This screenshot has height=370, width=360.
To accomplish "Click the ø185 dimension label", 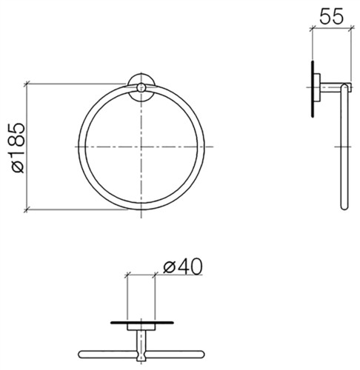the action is [x=19, y=148].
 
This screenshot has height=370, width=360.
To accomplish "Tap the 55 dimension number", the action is [x=331, y=17].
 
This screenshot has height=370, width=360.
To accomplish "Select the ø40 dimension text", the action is [x=183, y=266].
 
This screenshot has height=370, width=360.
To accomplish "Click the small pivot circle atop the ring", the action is [x=141, y=87].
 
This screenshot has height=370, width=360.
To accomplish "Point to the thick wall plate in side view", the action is [x=313, y=89].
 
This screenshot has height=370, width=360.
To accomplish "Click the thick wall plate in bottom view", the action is [x=142, y=323].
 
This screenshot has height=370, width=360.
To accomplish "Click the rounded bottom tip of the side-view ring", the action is [x=344, y=206].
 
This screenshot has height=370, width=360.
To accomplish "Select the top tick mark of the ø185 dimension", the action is [x=27, y=84].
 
